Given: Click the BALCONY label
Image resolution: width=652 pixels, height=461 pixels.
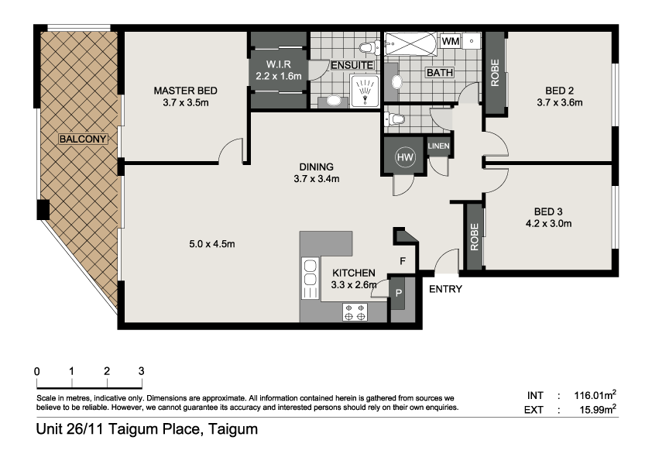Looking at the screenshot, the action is (x=83, y=139).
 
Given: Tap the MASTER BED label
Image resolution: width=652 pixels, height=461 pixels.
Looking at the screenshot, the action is (x=185, y=91).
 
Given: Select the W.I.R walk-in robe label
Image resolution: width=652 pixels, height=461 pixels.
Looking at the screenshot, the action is (x=279, y=64).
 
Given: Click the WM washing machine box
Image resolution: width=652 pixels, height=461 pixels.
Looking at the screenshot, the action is (x=451, y=41).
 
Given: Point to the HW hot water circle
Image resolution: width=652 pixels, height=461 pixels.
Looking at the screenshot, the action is (x=405, y=157).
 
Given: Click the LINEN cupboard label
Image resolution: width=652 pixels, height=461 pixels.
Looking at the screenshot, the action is (x=439, y=146).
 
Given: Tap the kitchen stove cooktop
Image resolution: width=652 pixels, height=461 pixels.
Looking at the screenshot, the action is (x=355, y=312).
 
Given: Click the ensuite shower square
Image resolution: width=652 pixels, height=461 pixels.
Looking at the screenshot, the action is (x=365, y=91).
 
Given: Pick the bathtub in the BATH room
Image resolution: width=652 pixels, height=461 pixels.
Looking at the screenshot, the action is (x=410, y=44).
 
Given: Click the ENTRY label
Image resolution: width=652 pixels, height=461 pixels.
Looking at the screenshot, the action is (x=445, y=289).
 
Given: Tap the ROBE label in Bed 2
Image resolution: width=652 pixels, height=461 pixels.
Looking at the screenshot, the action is (x=495, y=74).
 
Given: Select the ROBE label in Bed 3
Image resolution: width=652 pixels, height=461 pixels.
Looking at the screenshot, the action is (x=475, y=237).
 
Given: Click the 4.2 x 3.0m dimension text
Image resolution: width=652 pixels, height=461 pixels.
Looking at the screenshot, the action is (x=548, y=223).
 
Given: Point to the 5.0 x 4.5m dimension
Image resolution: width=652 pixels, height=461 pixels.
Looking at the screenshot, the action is (x=212, y=244).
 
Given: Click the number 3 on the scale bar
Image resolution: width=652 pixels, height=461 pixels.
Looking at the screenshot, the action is (x=142, y=371).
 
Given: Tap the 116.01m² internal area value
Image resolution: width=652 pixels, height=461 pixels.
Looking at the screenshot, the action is (x=595, y=395).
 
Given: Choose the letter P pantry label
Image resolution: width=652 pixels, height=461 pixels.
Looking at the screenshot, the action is (x=398, y=294).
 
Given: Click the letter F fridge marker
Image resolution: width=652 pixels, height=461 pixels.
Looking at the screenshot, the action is (x=403, y=261).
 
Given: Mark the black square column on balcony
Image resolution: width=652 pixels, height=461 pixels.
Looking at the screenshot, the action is (x=43, y=210).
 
